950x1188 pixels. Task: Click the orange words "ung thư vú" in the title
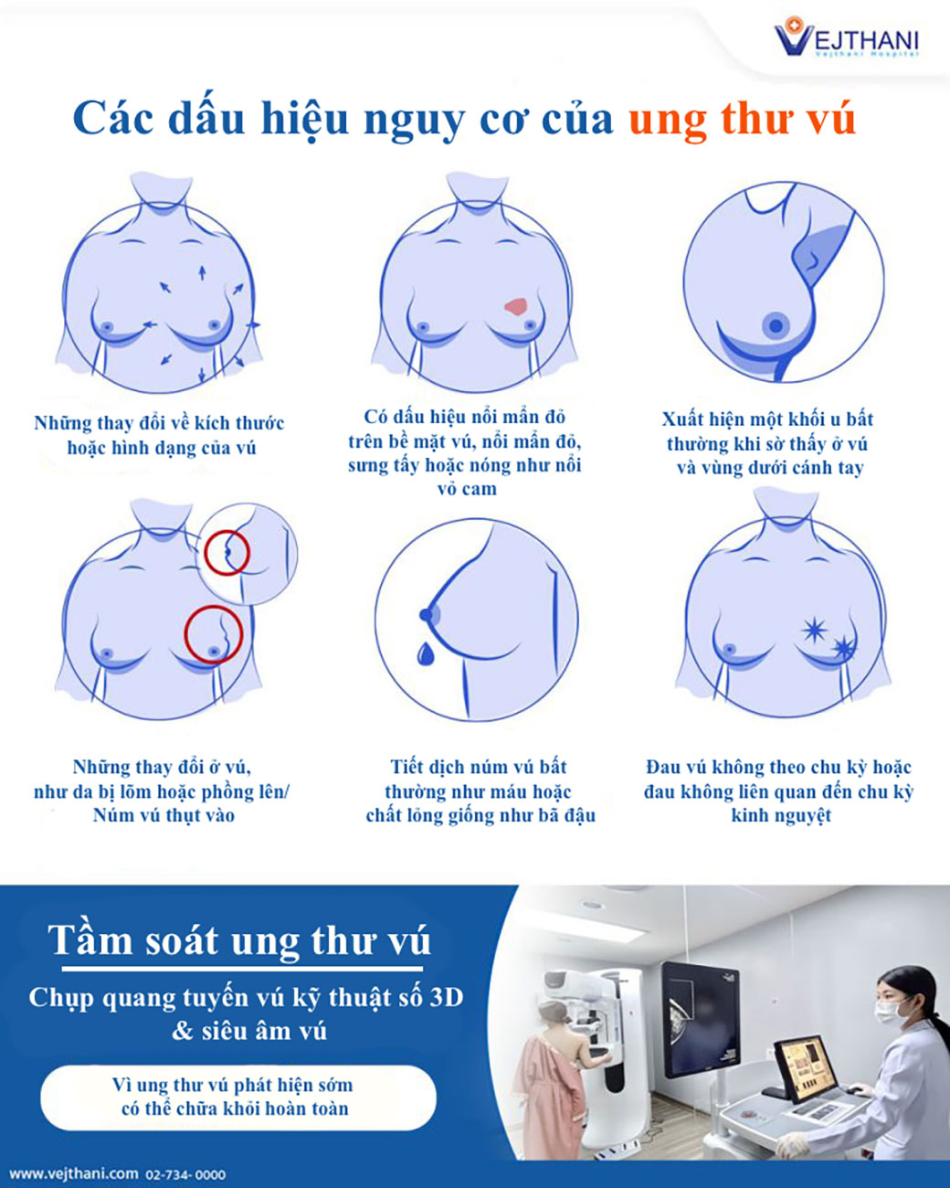(x=742, y=118)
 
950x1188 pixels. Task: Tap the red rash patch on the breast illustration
(x=516, y=306)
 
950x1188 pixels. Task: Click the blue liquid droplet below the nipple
(x=425, y=653)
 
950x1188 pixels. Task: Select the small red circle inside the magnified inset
(x=227, y=553)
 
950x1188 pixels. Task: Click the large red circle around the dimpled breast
(x=214, y=633)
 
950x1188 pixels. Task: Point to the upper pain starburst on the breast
(x=815, y=630)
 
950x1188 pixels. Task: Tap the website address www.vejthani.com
(x=73, y=1173)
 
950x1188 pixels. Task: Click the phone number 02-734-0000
(x=185, y=1174)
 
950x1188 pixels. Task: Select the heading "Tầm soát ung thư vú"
(x=239, y=939)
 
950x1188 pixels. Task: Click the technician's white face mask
(x=890, y=1012)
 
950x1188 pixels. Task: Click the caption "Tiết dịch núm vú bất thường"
(x=478, y=779)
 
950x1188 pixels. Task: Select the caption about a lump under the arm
(x=768, y=444)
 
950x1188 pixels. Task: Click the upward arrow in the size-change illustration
(x=202, y=272)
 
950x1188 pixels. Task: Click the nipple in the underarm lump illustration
(x=776, y=325)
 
